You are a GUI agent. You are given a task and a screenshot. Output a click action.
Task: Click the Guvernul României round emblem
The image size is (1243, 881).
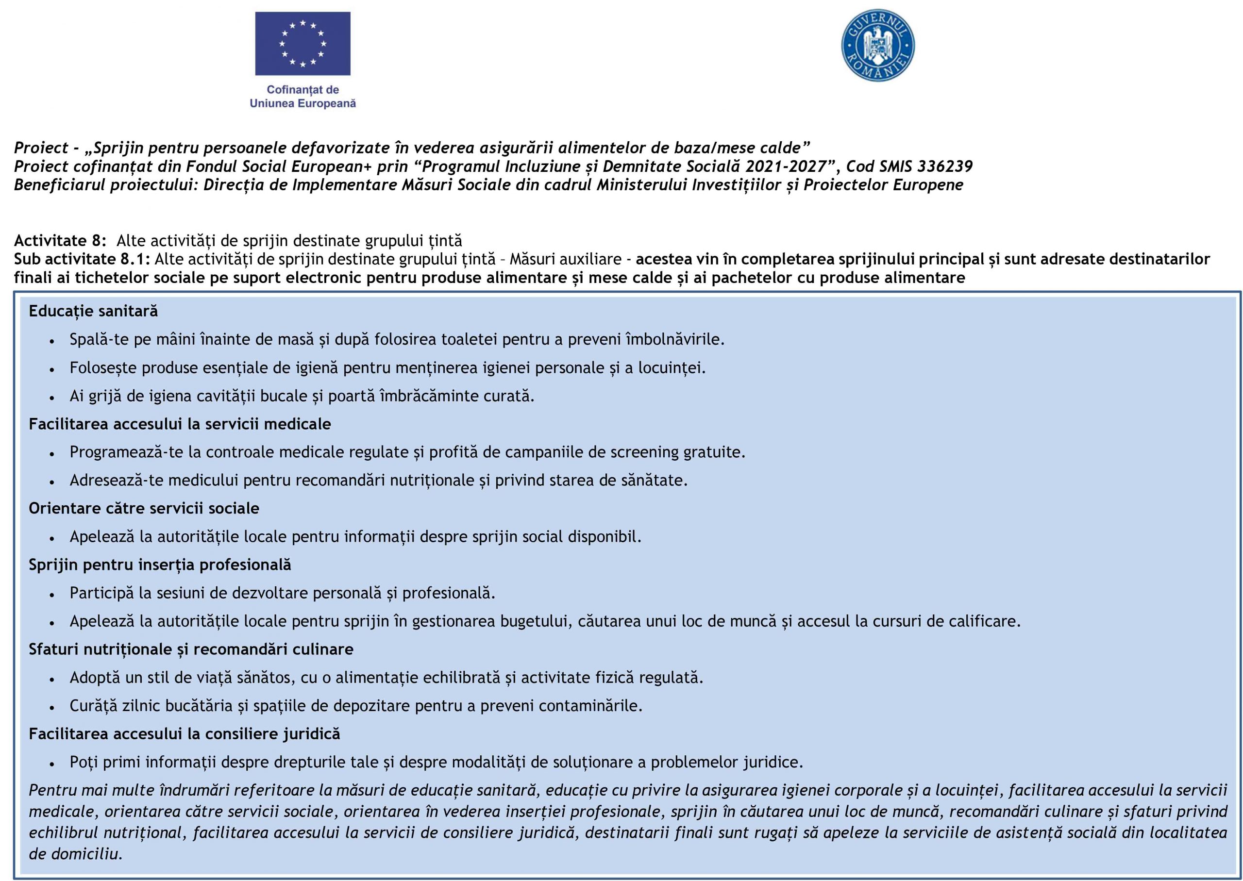click(x=877, y=45)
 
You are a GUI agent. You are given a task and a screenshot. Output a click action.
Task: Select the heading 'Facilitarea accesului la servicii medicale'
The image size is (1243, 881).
click(x=180, y=424)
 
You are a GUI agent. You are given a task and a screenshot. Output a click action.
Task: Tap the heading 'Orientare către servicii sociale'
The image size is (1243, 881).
click(x=144, y=508)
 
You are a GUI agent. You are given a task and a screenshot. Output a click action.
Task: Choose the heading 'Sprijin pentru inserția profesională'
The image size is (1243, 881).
click(x=160, y=565)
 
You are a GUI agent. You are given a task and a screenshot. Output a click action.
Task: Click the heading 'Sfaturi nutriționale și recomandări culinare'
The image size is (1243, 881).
click(x=191, y=649)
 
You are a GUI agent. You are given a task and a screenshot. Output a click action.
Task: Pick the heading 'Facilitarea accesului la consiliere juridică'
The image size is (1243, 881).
click(x=185, y=734)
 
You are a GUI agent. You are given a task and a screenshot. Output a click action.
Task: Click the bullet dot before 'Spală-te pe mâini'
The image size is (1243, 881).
click(x=51, y=341)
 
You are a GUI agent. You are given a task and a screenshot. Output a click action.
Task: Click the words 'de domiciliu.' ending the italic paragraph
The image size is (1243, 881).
click(x=75, y=854)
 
